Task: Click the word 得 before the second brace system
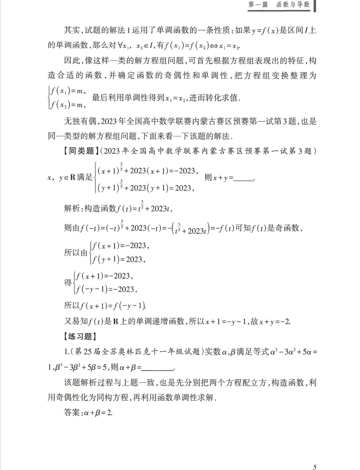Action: [x=68, y=282]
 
